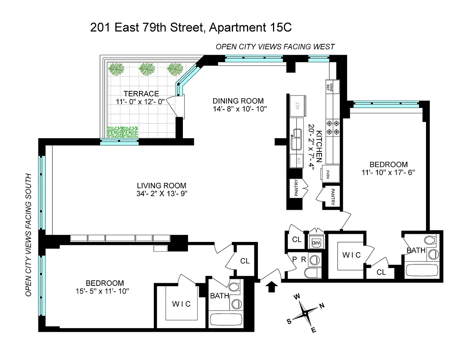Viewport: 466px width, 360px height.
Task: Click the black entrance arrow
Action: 271,287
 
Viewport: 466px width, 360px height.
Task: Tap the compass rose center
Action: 305,313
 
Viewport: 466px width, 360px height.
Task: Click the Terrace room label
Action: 141,94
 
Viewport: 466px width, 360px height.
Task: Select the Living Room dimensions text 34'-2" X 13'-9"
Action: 162,194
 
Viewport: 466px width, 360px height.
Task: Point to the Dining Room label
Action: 238,101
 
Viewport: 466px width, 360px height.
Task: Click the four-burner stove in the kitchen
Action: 333,128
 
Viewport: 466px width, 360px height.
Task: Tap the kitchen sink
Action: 296,139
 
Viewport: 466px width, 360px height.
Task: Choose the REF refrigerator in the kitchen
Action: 297,106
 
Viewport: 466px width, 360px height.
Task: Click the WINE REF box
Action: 333,87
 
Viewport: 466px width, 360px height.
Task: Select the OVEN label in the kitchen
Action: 328,174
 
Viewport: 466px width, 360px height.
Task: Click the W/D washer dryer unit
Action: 316,243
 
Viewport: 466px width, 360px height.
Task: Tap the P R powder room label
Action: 299,259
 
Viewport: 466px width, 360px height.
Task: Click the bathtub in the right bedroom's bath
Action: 422,271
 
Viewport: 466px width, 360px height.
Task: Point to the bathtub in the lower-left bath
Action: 226,320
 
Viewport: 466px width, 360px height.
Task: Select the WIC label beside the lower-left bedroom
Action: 181,304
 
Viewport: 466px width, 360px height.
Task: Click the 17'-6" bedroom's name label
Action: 388,164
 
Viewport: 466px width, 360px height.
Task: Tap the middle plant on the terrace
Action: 147,69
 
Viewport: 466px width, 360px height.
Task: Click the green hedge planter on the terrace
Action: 122,132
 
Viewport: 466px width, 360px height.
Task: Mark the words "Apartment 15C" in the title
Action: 250,28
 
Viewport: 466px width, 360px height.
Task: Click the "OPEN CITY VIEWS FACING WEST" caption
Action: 275,47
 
